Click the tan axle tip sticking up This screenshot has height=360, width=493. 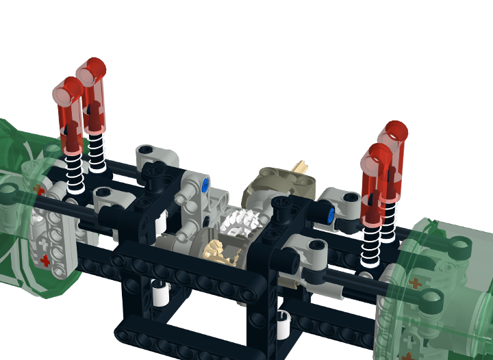pyautogui.click(x=300, y=166)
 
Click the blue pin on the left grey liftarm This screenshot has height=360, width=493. pyautogui.click(x=206, y=185)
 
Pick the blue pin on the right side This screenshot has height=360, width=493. pyautogui.click(x=331, y=217)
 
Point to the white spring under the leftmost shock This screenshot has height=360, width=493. pyautogui.click(x=76, y=172)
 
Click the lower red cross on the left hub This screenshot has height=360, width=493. pyautogui.click(x=45, y=260)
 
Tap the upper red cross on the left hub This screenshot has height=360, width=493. pyautogui.click(x=39, y=190)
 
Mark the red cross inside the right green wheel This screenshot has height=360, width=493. pyautogui.click(x=414, y=282)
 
